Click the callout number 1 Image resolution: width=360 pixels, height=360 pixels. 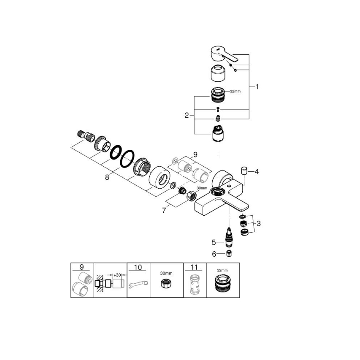[257, 87]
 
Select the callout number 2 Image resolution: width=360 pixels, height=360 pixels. [187, 115]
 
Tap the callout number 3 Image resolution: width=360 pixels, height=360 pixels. [259, 224]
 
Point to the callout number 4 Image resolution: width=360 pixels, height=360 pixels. [256, 171]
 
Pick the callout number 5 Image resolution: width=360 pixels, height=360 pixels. [214, 241]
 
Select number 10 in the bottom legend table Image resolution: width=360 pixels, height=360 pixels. [138, 268]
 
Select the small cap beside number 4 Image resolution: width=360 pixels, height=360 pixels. [244, 170]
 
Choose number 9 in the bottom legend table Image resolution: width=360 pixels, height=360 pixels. [81, 268]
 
